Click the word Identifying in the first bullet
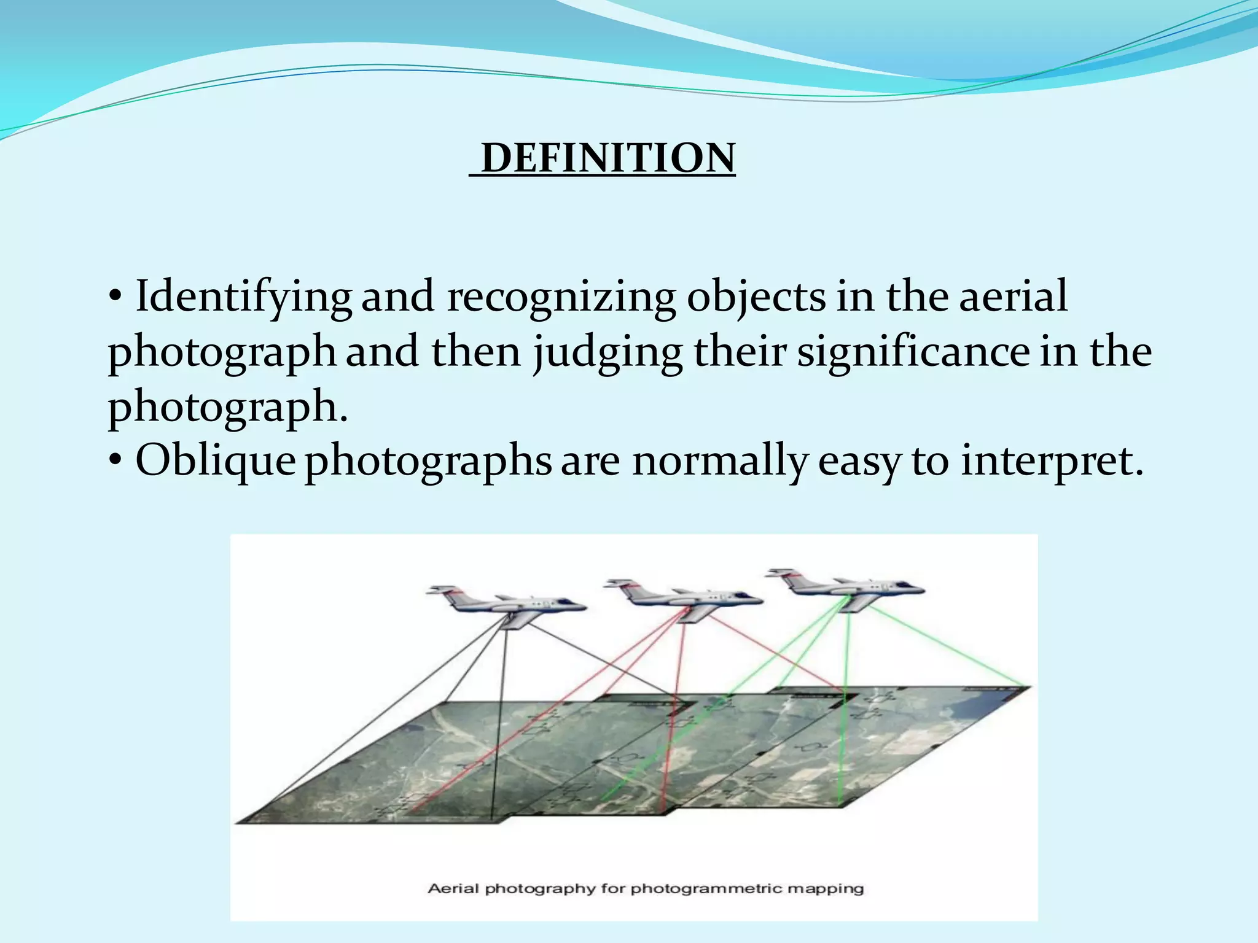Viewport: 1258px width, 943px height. click(x=243, y=297)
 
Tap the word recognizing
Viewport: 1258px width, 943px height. click(x=560, y=297)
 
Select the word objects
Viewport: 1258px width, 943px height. click(x=756, y=297)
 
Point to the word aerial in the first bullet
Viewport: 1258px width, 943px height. click(x=1013, y=296)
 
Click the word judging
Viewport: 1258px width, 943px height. click(x=608, y=352)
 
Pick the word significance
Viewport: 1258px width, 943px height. click(x=913, y=352)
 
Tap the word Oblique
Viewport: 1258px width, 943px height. click(x=215, y=460)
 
